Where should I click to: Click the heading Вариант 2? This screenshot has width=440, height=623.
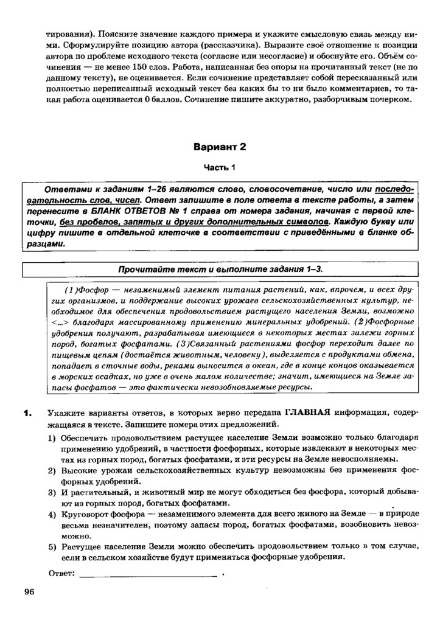click(220, 147)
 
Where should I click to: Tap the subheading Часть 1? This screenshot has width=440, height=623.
click(219, 167)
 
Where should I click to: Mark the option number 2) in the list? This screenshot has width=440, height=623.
click(52, 471)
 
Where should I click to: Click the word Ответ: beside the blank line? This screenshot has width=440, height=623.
click(61, 573)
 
